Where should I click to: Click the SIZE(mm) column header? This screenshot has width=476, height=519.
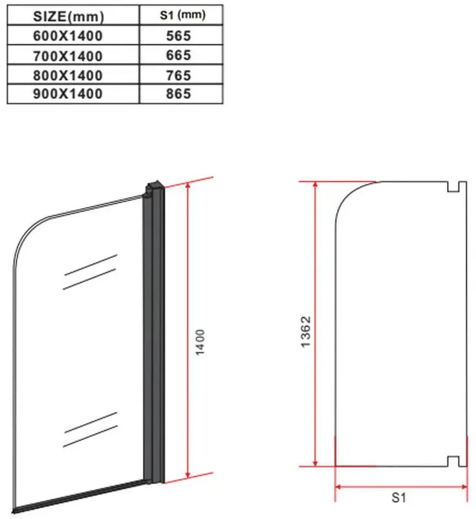[69, 16]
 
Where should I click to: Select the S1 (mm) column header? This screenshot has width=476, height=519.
[182, 15]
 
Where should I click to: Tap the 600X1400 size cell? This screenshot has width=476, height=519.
[68, 36]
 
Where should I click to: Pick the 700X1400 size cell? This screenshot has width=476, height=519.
[68, 56]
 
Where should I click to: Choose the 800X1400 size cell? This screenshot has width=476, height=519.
[68, 75]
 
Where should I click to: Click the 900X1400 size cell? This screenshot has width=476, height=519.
[68, 94]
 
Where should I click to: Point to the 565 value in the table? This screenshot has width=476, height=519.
[178, 36]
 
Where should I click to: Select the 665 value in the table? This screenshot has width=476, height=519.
[178, 55]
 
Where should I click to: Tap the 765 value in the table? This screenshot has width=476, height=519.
[178, 75]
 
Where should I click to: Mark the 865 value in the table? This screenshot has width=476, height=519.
[178, 94]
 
